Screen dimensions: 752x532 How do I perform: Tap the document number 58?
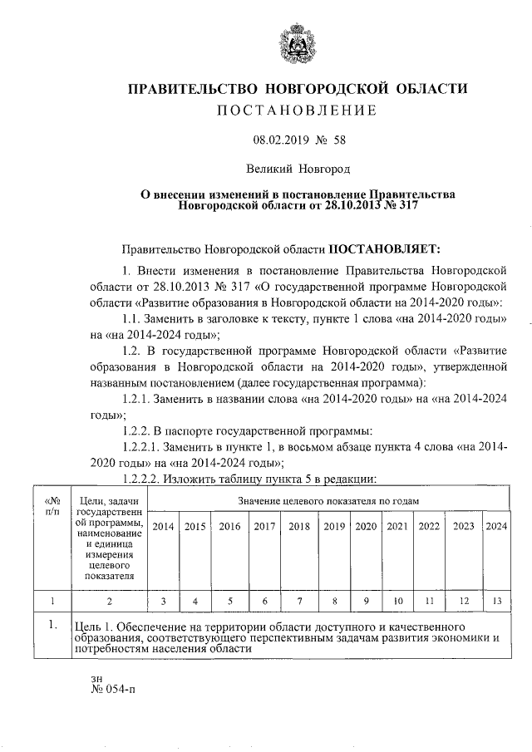click(x=339, y=141)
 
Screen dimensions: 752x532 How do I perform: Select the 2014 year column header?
click(x=164, y=526)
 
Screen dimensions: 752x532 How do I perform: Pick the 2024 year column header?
click(x=496, y=526)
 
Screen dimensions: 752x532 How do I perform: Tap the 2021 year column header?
click(x=397, y=526)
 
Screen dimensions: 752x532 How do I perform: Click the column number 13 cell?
click(x=496, y=600)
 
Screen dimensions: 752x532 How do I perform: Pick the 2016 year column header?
click(x=229, y=526)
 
